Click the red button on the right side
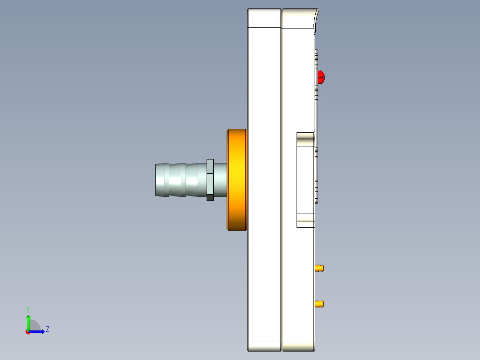click(x=321, y=77)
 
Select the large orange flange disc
click(x=237, y=180)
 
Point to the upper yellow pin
click(x=319, y=268)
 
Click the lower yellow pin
click(x=319, y=304)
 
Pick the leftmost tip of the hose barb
click(x=157, y=180)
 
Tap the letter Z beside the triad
click(x=47, y=330)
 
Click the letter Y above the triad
click(x=28, y=309)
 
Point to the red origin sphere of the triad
click(x=28, y=332)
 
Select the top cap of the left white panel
click(x=264, y=18)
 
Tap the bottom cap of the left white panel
click(x=264, y=346)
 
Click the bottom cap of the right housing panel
click(x=298, y=346)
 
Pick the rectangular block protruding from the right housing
click(x=305, y=180)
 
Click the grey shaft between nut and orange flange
click(x=220, y=180)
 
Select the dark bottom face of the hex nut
click(x=210, y=197)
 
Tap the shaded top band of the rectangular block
click(x=305, y=139)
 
